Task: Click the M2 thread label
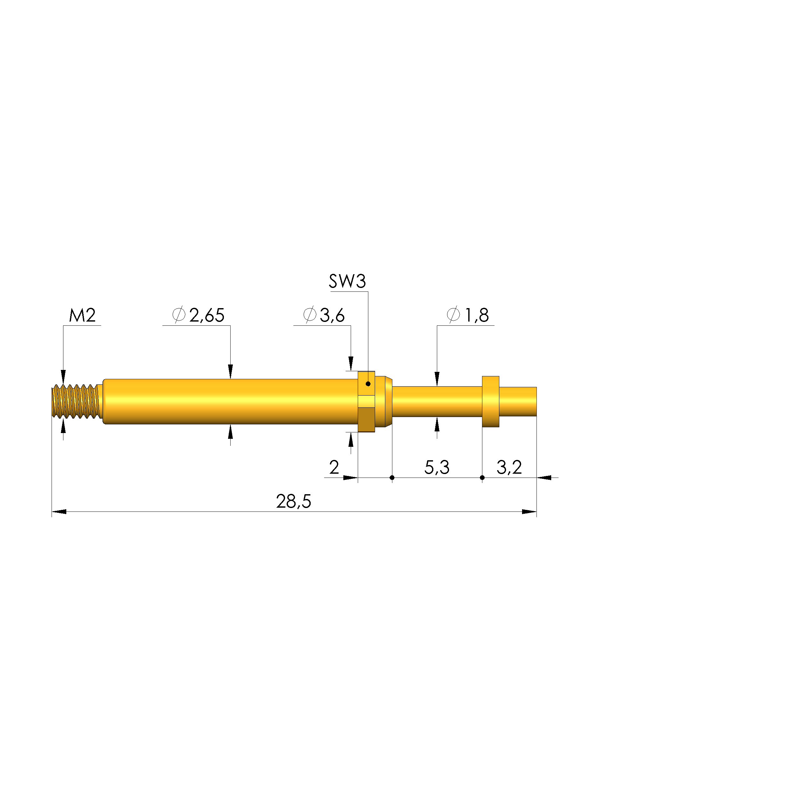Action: (x=82, y=315)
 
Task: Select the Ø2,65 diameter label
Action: (x=199, y=315)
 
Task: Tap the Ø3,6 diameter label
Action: (x=324, y=315)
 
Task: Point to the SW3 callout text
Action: (x=347, y=282)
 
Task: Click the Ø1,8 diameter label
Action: (x=468, y=315)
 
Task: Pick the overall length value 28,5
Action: (x=293, y=502)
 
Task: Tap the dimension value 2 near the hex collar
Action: (x=334, y=467)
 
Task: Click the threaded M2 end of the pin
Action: (x=76, y=401)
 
